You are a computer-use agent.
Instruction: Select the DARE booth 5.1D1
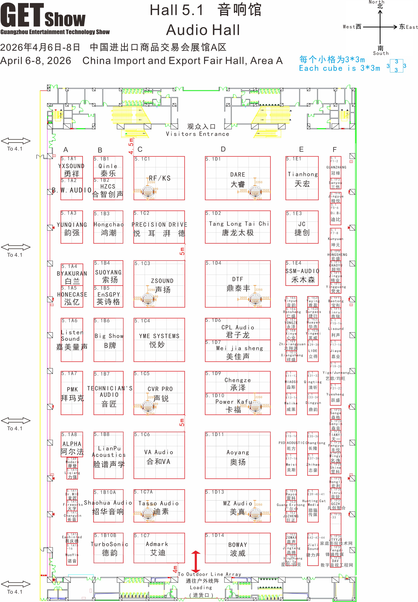pyautogui.click(x=238, y=178)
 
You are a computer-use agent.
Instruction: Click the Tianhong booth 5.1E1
pyautogui.click(x=302, y=178)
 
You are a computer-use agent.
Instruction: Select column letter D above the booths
pyautogui.click(x=223, y=149)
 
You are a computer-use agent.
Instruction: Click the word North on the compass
pyautogui.click(x=376, y=2)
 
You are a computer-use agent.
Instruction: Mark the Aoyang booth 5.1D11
pyautogui.click(x=238, y=456)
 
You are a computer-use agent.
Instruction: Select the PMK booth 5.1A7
pyautogui.click(x=72, y=393)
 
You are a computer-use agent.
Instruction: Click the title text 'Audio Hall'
pyautogui.click(x=203, y=30)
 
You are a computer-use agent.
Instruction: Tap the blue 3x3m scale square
pyautogui.click(x=396, y=66)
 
